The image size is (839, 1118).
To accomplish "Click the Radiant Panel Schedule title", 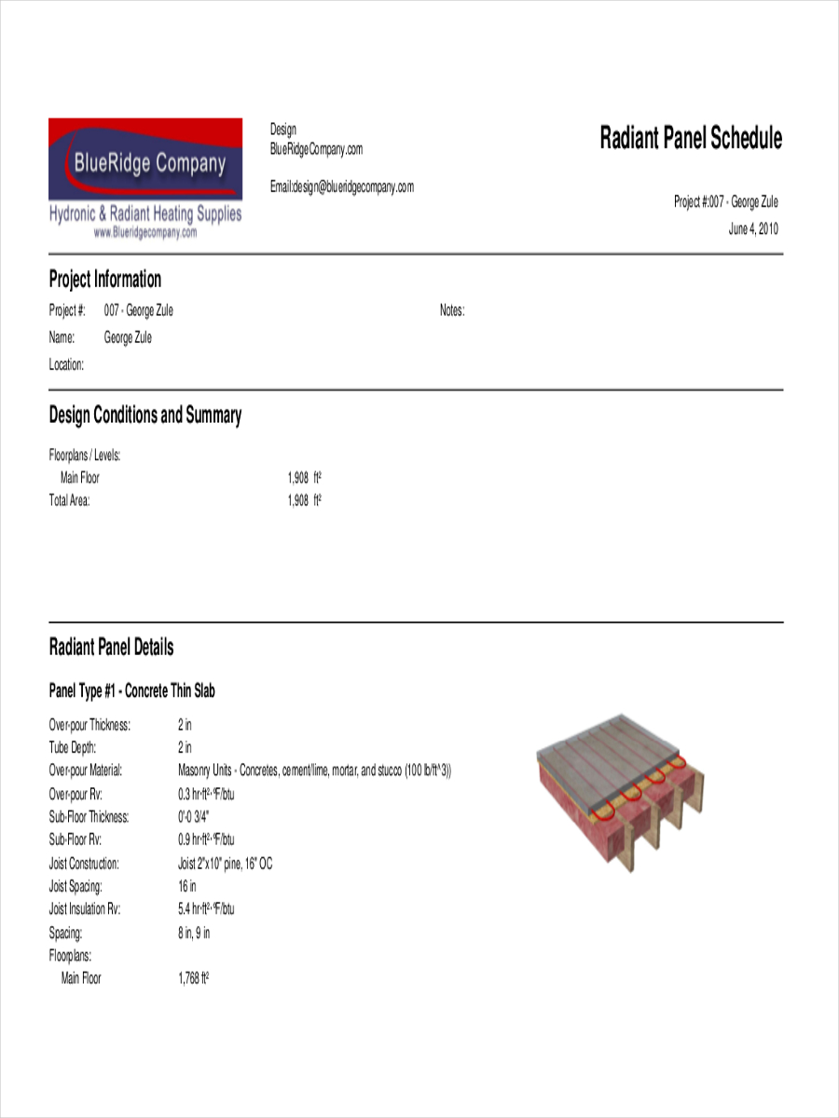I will [x=690, y=139].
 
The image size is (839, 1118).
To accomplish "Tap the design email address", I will [x=342, y=187].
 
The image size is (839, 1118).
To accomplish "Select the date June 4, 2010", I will [x=752, y=229].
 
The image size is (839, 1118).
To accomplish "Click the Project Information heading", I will [x=104, y=279].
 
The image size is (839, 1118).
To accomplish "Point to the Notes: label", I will [x=452, y=311].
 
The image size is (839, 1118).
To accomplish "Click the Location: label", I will [x=66, y=365].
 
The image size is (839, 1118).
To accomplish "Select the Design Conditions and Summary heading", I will [x=144, y=416].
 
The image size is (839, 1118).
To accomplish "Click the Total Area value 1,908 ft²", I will [x=304, y=500].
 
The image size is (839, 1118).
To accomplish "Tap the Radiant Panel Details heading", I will [x=111, y=648].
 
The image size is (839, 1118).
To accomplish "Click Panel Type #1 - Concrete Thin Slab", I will [x=132, y=691].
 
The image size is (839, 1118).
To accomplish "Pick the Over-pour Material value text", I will [x=314, y=770].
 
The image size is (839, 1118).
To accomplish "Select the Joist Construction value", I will [x=225, y=864].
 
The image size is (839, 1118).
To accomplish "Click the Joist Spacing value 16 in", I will [x=187, y=886].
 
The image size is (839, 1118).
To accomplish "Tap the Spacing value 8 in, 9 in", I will [x=194, y=933].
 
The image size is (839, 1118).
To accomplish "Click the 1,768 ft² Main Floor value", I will [x=193, y=978].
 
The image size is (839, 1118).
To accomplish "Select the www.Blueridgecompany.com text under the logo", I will [x=144, y=234].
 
